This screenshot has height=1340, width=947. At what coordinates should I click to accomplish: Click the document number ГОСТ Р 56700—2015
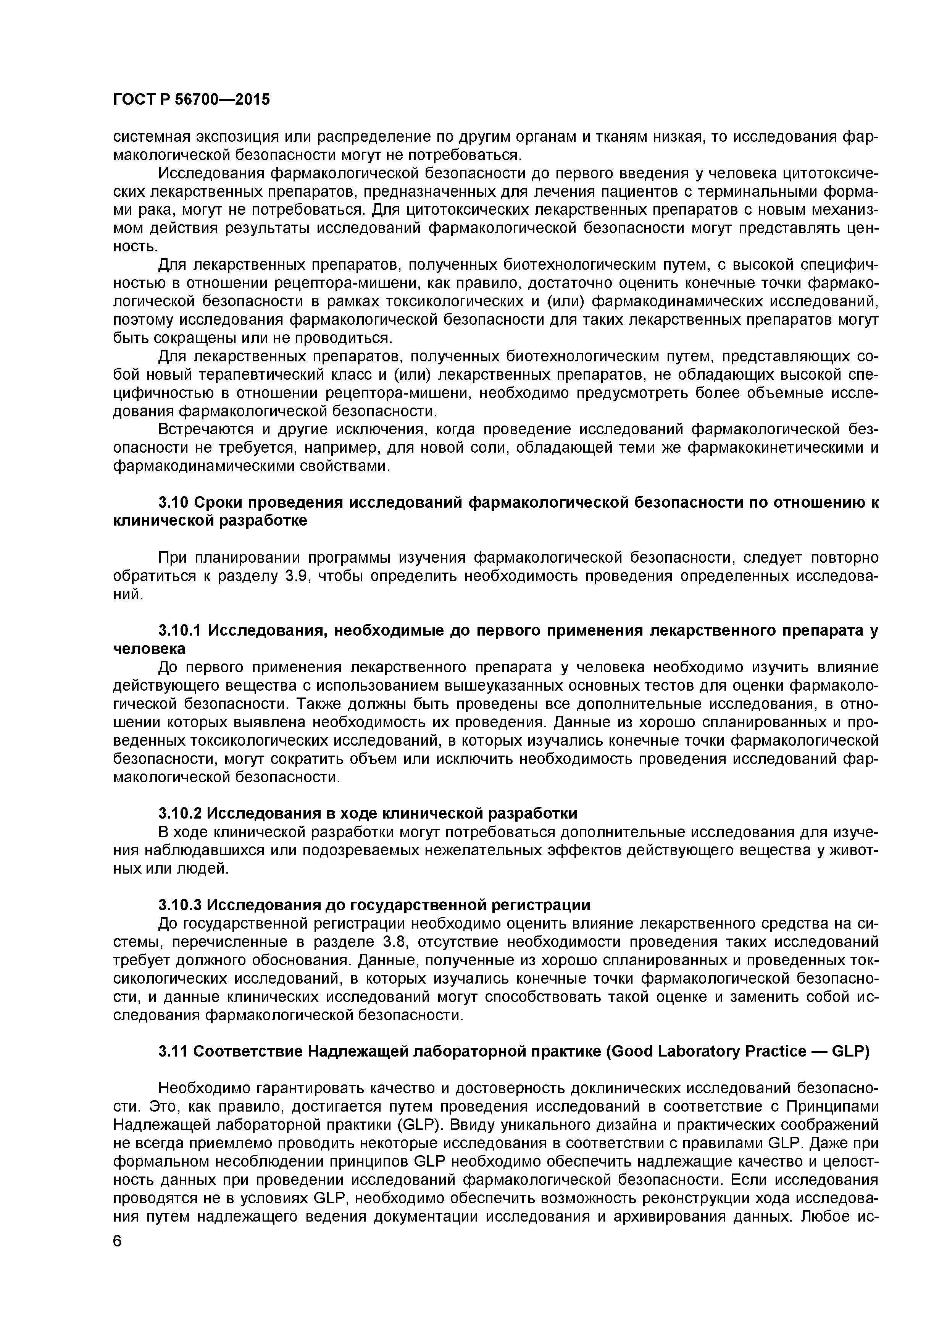tap(191, 100)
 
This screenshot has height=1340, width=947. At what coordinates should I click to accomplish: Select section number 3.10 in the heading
tap(173, 503)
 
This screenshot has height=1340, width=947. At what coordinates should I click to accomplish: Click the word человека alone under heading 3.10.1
tap(149, 648)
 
